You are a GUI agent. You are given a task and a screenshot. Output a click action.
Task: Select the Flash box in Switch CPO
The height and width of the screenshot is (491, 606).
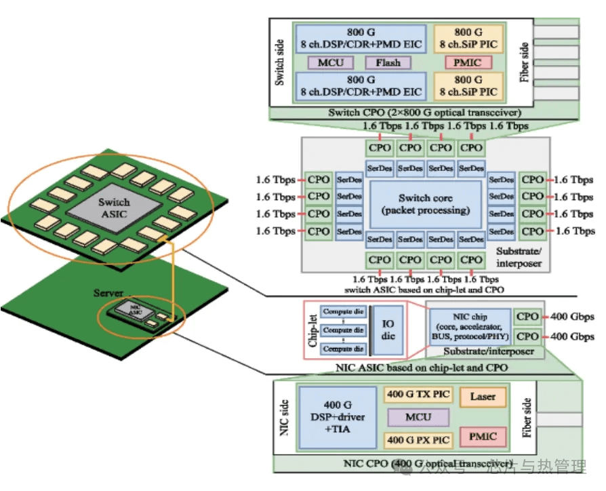point(388,63)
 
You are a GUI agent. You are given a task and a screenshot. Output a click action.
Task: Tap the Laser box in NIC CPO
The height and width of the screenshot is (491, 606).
point(483,397)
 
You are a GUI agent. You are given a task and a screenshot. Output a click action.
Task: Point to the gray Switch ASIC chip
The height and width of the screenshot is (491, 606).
point(113,208)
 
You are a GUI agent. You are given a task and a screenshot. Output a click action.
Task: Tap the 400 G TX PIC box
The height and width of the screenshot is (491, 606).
point(418,394)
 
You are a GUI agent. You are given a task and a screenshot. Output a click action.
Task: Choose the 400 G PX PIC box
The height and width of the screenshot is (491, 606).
point(418,440)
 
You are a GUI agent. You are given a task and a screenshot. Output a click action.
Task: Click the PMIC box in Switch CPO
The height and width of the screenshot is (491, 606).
point(464,63)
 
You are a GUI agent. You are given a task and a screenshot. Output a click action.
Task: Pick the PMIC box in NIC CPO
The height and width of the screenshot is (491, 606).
point(483,437)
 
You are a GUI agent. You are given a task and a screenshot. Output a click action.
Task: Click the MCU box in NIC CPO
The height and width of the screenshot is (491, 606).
point(418,417)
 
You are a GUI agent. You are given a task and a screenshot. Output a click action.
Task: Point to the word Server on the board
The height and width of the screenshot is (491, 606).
point(108,293)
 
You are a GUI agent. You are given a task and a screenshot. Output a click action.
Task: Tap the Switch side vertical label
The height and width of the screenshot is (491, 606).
point(280,62)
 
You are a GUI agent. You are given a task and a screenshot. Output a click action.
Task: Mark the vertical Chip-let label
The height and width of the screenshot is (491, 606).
point(313,330)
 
